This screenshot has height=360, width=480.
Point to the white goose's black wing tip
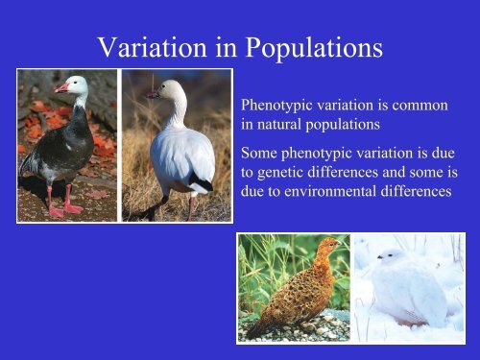[x=202, y=184]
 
